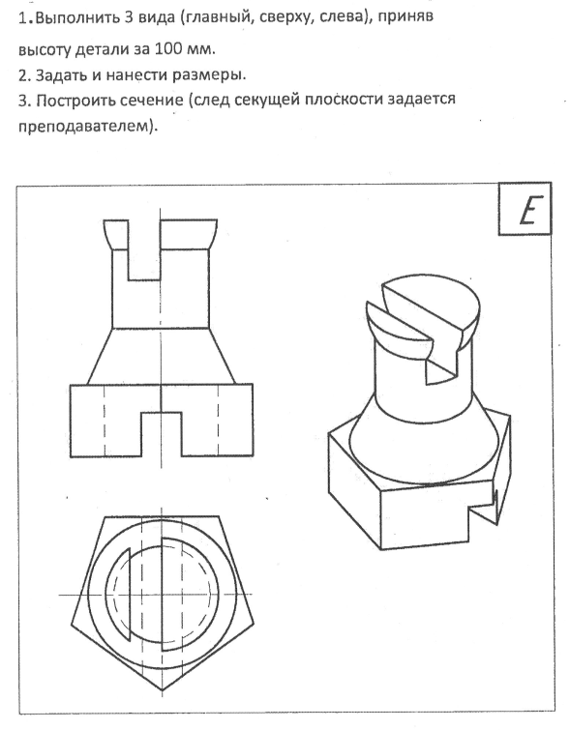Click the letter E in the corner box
point(526,210)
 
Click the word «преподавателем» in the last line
point(86,126)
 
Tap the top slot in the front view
point(144,250)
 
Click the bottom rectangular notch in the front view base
point(162,434)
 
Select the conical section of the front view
point(161,356)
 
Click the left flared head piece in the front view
point(115,235)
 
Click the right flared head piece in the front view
point(189,235)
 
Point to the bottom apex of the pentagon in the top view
point(162,689)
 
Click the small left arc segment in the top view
point(119,594)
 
